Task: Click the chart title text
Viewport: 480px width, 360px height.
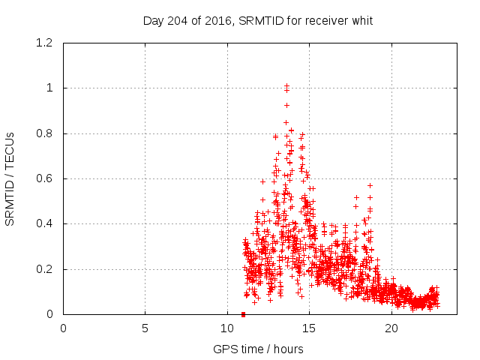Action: tap(258, 20)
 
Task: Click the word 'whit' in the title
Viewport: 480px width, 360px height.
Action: tap(361, 20)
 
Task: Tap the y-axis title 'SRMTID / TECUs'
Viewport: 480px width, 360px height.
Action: tap(10, 178)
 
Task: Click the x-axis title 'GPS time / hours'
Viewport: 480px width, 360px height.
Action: tap(258, 349)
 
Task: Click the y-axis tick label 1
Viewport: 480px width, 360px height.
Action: tap(49, 88)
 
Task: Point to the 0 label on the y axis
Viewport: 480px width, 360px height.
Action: tap(49, 314)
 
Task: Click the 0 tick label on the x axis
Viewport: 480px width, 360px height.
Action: tap(64, 328)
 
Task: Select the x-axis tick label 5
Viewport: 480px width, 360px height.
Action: tap(145, 328)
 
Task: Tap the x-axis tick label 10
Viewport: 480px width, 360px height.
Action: tap(227, 328)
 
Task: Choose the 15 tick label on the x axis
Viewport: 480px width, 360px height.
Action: tap(310, 328)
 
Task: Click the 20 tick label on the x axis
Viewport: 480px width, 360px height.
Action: tap(391, 328)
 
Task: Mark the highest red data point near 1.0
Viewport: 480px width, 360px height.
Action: tap(286, 86)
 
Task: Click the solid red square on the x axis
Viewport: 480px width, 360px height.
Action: tap(243, 314)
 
